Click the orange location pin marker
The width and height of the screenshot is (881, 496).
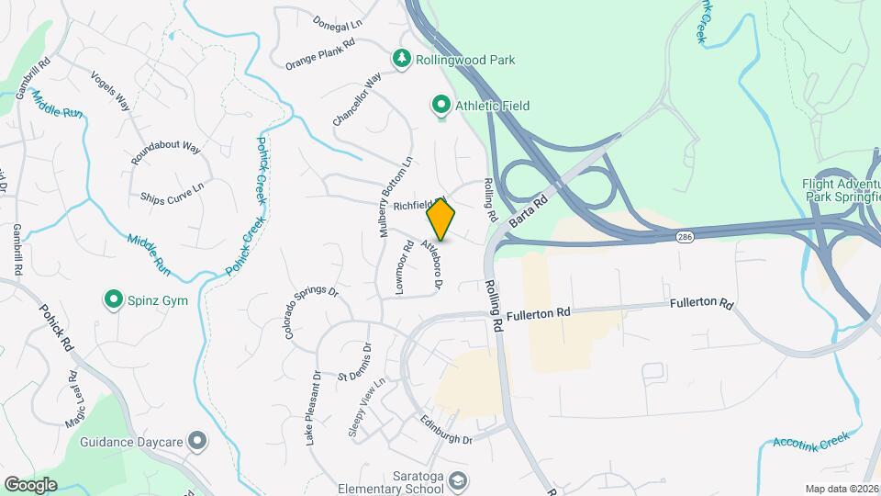pyautogui.click(x=440, y=220)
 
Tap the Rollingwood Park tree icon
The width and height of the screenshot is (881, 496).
pyautogui.click(x=401, y=60)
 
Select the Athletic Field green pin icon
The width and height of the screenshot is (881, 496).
pyautogui.click(x=441, y=107)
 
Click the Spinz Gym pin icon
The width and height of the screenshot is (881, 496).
pyautogui.click(x=113, y=299)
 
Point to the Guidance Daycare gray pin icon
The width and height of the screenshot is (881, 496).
pyautogui.click(x=195, y=442)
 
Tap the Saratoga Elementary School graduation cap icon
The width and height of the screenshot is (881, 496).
pyautogui.click(x=459, y=479)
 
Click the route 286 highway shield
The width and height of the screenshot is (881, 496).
pyautogui.click(x=685, y=237)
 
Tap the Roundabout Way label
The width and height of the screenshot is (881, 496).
pyautogui.click(x=165, y=152)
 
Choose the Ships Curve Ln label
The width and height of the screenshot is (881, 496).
pyautogui.click(x=173, y=191)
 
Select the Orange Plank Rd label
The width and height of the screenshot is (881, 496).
pyautogui.click(x=320, y=54)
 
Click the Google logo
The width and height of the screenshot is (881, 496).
pyautogui.click(x=30, y=484)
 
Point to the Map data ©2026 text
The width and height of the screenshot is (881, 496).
pyautogui.click(x=842, y=489)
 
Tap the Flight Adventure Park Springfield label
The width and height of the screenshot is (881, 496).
pyautogui.click(x=842, y=189)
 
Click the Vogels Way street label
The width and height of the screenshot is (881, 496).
pyautogui.click(x=111, y=91)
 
